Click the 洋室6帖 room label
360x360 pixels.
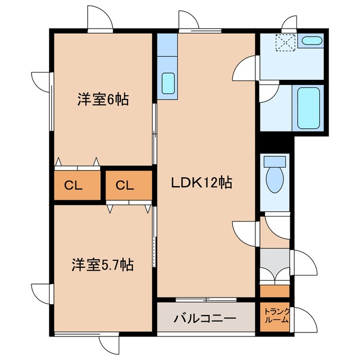pos(103,99)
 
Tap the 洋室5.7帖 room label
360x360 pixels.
pos(102,265)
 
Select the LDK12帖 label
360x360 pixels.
pos(202,183)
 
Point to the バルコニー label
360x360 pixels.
pos(205,318)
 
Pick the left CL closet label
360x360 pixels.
pos(73,185)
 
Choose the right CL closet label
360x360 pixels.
pos(125,185)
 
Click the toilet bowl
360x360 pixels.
pos(274,181)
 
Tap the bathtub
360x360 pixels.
pos(309,108)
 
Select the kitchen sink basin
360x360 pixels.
pos(168,83)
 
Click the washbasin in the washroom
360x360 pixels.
pos(312,40)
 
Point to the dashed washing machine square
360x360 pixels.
pos(286,43)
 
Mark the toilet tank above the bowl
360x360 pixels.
pos(274,161)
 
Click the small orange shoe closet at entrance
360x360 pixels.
pos(274,291)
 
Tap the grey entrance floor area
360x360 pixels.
pos(274,264)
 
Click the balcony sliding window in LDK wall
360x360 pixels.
pos(206,300)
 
